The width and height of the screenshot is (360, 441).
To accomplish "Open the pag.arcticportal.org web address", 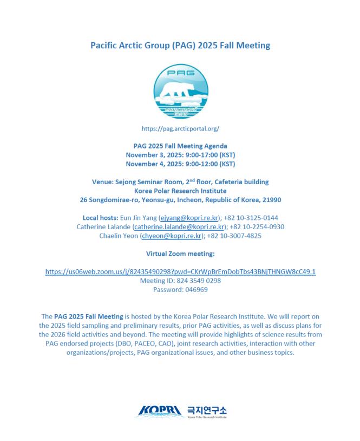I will point(180,129).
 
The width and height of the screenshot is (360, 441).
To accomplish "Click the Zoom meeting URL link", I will point(180,271).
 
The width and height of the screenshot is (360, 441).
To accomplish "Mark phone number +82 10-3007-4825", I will point(236,236).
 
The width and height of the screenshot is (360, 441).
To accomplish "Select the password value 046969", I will point(197,290).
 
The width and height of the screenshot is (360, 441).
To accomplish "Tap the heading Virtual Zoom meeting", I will point(180,254).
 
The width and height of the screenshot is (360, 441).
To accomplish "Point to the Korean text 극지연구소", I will point(207,409).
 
